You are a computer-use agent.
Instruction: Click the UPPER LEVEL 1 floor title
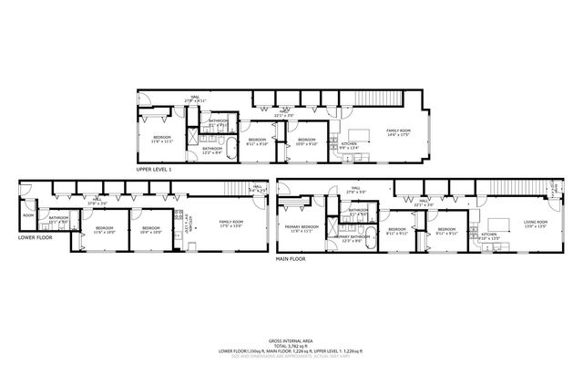[x=154, y=170]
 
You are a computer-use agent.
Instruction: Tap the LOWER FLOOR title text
[x=35, y=237]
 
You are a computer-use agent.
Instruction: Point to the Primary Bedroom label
[x=302, y=228]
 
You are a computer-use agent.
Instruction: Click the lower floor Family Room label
[x=230, y=224]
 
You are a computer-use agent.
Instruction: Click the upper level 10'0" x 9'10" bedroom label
[x=306, y=141]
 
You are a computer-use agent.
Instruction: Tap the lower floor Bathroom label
[x=59, y=219]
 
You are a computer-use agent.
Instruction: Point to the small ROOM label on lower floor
[x=28, y=216]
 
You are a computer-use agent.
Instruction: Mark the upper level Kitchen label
[x=349, y=144]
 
